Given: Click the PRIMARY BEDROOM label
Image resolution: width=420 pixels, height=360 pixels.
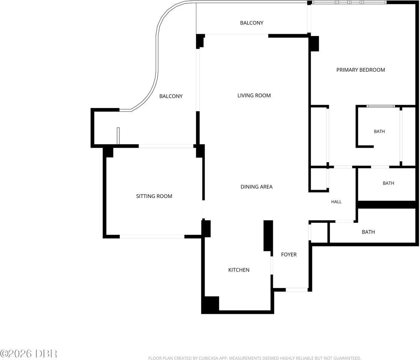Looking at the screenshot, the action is (361, 70).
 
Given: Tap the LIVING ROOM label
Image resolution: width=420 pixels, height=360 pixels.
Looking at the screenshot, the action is (254, 96).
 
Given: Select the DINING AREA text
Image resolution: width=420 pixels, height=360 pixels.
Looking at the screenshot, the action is (256, 187).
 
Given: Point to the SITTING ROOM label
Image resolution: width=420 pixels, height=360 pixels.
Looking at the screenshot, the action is (154, 196).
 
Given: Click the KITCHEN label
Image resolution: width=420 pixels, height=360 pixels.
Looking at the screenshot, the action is (239, 270).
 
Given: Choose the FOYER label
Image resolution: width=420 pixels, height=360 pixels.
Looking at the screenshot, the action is (289, 255).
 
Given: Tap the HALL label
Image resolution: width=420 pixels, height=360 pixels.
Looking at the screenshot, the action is (336, 202).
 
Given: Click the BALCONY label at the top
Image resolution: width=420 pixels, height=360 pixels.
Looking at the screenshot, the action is (251, 23).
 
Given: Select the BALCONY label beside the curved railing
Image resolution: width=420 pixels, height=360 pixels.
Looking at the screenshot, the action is (171, 96).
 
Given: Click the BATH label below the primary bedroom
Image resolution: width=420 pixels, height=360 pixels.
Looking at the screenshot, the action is (379, 131).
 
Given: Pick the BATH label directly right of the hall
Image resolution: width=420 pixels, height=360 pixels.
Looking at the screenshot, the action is (388, 183).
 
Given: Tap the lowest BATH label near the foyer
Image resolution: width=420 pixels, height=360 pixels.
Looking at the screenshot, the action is (368, 232).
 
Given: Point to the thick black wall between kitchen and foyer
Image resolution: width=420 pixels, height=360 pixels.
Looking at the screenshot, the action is (268, 236).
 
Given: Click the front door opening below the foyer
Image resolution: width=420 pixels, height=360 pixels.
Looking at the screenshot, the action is (297, 289).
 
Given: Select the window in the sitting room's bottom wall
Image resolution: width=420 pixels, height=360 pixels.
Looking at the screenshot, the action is (152, 237).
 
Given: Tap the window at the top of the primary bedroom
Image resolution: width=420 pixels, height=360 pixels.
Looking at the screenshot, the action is (349, 2).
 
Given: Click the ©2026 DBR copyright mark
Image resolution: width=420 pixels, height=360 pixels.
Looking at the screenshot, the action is (29, 354).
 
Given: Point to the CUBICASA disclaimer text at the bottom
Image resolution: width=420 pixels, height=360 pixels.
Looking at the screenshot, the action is (254, 358).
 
